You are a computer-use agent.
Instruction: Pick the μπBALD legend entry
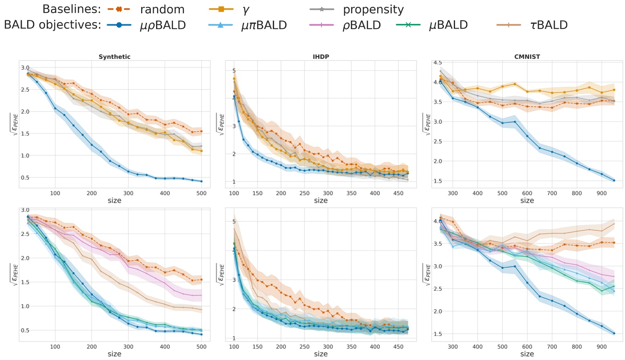(x=264, y=25)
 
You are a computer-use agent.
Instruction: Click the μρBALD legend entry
(x=162, y=25)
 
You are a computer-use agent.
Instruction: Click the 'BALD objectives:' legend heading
(x=52, y=25)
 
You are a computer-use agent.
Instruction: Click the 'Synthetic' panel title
(x=115, y=57)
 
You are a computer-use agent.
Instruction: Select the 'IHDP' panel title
(x=321, y=57)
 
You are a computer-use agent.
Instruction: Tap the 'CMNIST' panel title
(x=527, y=57)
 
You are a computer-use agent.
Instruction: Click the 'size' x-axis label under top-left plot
(x=115, y=200)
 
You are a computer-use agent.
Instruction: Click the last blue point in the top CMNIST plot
(x=614, y=180)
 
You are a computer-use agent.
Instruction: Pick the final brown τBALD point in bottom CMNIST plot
(x=614, y=224)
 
